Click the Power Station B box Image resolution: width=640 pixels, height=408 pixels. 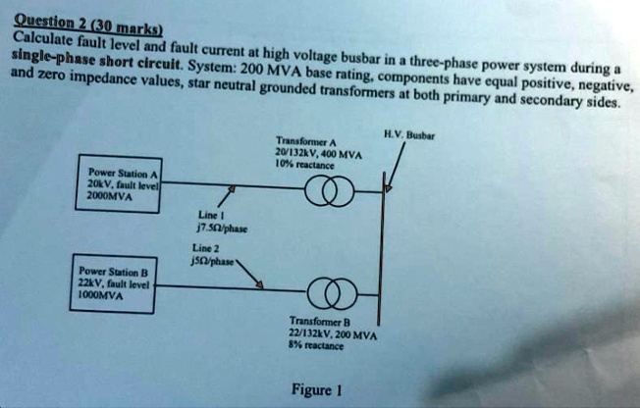point(116,284)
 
